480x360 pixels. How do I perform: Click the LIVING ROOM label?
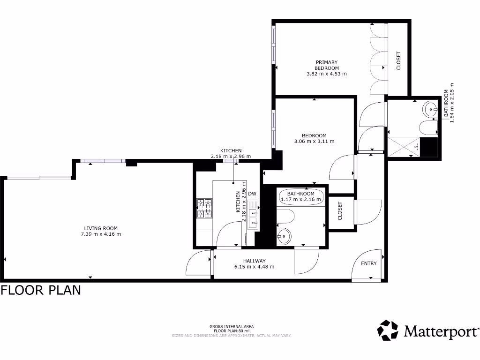[x=101, y=228]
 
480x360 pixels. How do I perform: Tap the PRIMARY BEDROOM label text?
[x=326, y=65]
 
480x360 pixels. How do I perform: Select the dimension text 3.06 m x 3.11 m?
[x=314, y=142]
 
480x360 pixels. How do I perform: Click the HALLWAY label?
[x=255, y=261]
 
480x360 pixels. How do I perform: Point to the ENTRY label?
[x=368, y=263]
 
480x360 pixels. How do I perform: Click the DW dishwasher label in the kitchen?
[x=252, y=194]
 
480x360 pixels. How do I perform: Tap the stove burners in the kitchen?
[x=204, y=209]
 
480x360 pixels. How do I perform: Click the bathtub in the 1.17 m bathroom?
[x=301, y=196]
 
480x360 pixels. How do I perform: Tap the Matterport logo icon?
[x=388, y=330]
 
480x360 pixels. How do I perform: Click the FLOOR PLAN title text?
[x=41, y=290]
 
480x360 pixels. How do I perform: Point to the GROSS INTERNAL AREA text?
[x=232, y=326]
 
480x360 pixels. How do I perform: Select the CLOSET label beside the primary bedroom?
[x=399, y=60]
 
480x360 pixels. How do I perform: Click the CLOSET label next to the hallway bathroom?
[x=340, y=211]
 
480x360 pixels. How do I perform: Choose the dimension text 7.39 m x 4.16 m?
[x=101, y=234]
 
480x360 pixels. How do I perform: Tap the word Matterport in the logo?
[x=441, y=332]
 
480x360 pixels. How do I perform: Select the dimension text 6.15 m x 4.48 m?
[x=255, y=267]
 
